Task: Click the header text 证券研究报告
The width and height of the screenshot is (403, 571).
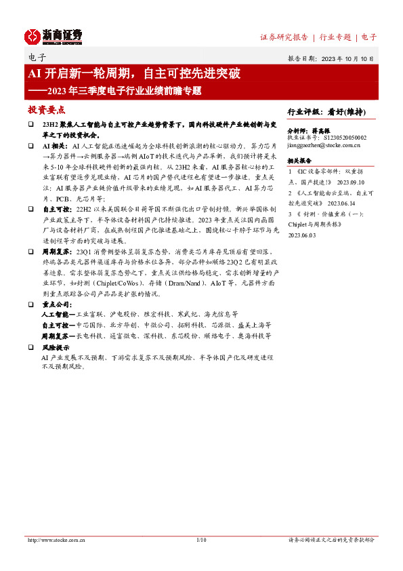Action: coord(284,37)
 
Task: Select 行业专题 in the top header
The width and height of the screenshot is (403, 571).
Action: coord(335,37)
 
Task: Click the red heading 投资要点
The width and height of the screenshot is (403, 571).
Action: coord(46,109)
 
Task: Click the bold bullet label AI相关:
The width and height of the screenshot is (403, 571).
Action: coord(56,146)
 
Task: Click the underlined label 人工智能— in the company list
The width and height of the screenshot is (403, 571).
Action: coord(58,315)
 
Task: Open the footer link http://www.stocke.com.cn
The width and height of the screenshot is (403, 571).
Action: coord(56,540)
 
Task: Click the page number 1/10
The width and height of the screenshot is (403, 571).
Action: coord(200,540)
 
